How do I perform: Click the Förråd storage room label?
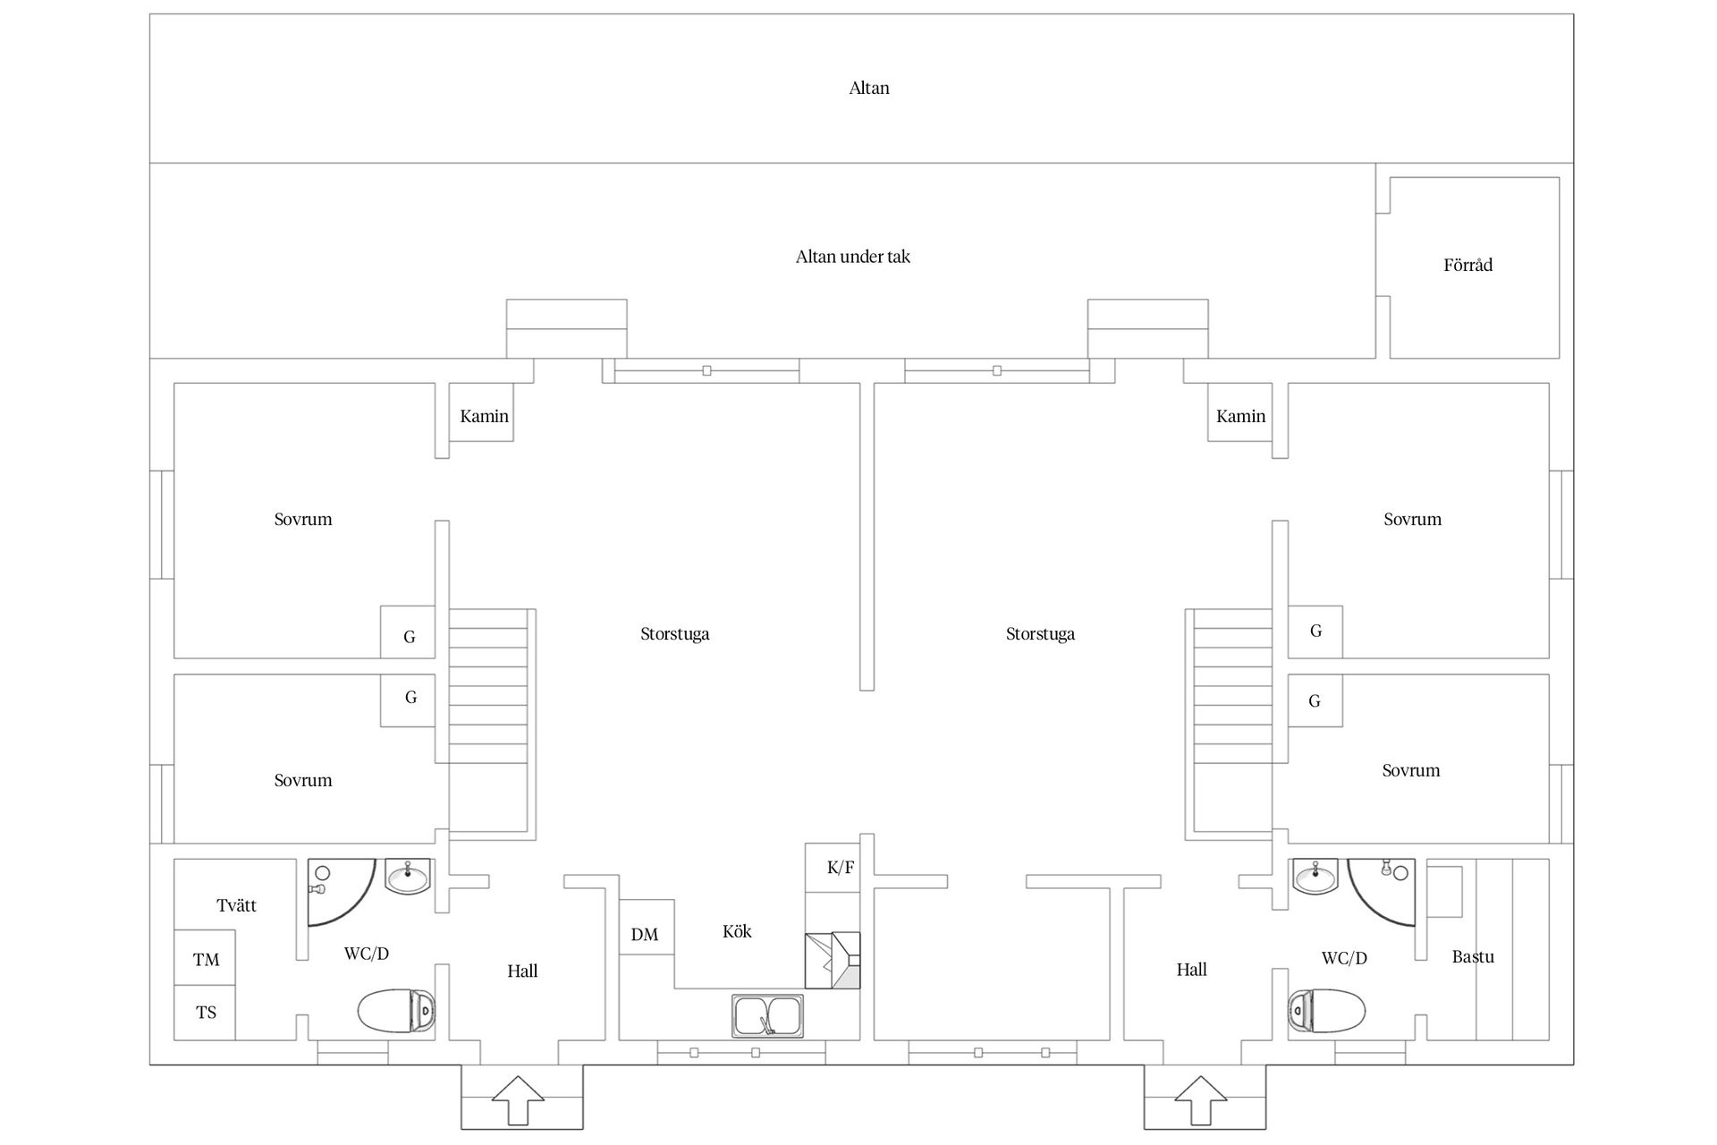(x=1467, y=265)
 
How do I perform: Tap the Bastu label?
(x=1473, y=956)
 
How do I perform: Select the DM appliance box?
(x=647, y=927)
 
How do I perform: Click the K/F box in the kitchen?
(x=833, y=868)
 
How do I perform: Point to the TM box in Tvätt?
(x=205, y=958)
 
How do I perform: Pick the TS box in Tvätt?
(x=205, y=1013)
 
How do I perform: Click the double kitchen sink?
(x=767, y=1016)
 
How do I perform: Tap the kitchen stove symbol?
(x=833, y=960)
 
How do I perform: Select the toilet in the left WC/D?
(x=397, y=1010)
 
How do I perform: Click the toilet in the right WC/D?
(x=1327, y=1010)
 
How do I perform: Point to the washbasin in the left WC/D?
(x=408, y=876)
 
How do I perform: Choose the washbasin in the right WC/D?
(x=1315, y=876)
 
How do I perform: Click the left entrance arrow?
(x=518, y=1100)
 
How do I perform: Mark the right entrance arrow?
(x=1201, y=1100)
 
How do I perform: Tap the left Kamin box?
(x=481, y=412)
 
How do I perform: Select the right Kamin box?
(x=1239, y=412)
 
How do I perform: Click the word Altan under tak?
(x=853, y=257)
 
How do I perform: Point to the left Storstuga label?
(x=675, y=634)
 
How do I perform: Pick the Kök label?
(x=737, y=931)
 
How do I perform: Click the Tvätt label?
(x=236, y=905)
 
